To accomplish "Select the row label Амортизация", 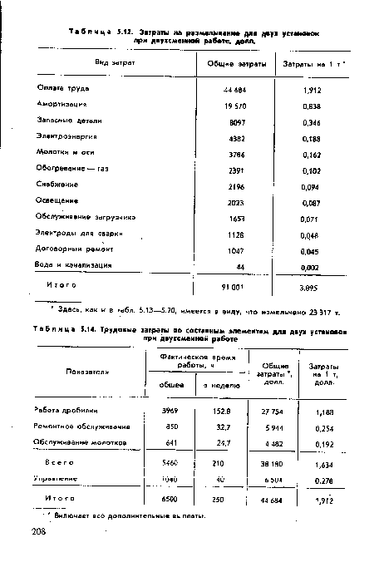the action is [61, 106].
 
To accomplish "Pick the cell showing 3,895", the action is [310, 288].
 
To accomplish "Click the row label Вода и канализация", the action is [73, 264].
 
